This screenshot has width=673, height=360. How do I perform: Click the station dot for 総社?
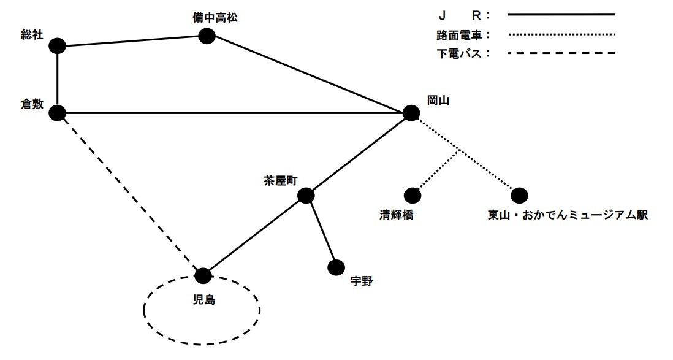(x=57, y=46)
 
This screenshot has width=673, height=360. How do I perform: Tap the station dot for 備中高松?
(x=207, y=37)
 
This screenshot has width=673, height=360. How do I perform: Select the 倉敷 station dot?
(x=57, y=113)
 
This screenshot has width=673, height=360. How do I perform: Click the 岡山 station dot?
(x=411, y=113)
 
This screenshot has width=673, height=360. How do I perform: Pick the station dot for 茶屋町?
(x=306, y=196)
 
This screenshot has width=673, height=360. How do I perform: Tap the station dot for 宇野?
(x=336, y=267)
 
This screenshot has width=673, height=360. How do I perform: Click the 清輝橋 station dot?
(x=414, y=195)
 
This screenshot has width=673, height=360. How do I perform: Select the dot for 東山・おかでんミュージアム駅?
(x=519, y=195)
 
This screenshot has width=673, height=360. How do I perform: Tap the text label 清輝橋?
(x=397, y=215)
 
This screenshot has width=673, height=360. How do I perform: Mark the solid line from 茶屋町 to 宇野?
(x=321, y=232)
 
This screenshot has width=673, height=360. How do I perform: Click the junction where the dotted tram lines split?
(x=460, y=150)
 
